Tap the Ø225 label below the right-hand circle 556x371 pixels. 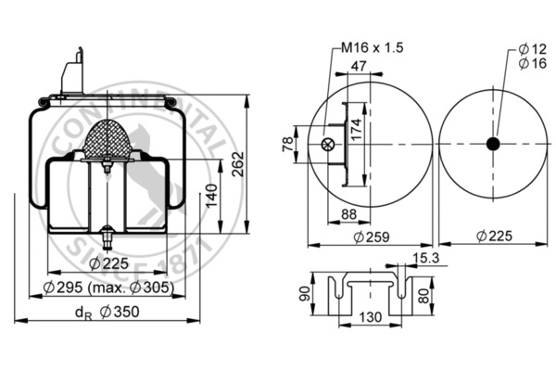click(x=493, y=238)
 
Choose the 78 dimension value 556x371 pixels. click(x=288, y=145)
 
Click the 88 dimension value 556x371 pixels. click(x=323, y=216)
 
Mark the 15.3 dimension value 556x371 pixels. click(x=426, y=257)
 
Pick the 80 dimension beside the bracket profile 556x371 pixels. click(x=423, y=298)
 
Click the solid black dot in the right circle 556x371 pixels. click(x=493, y=144)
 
